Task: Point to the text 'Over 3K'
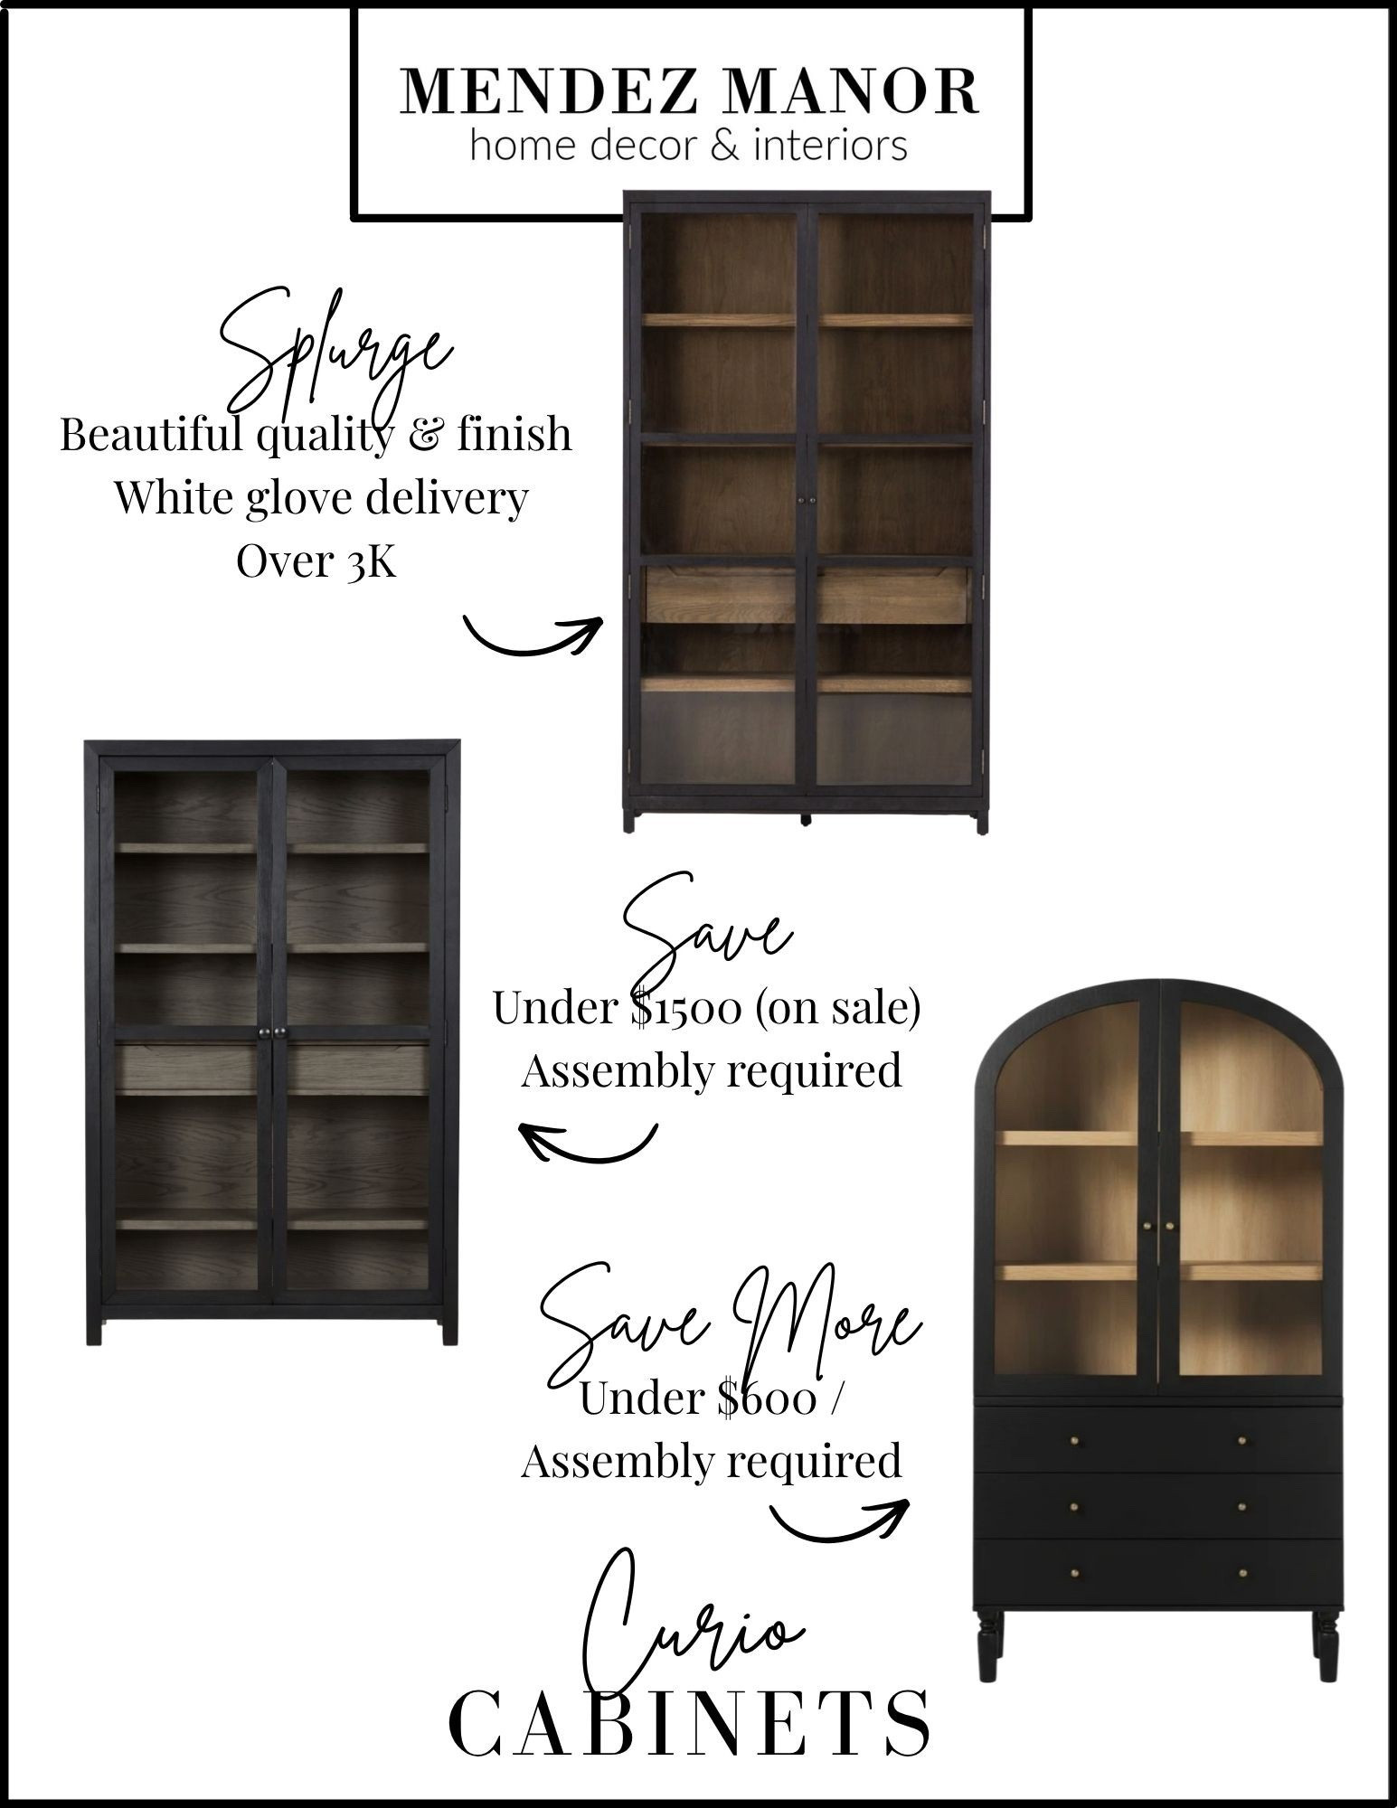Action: tap(316, 561)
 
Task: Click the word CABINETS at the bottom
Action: tap(690, 1723)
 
